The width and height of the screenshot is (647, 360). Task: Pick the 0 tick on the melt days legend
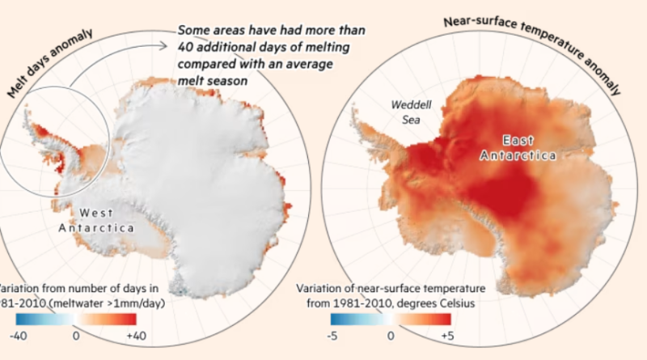[76, 332]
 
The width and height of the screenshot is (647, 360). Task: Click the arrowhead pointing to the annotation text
[172, 32]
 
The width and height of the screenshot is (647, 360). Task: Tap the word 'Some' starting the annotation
[197, 31]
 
